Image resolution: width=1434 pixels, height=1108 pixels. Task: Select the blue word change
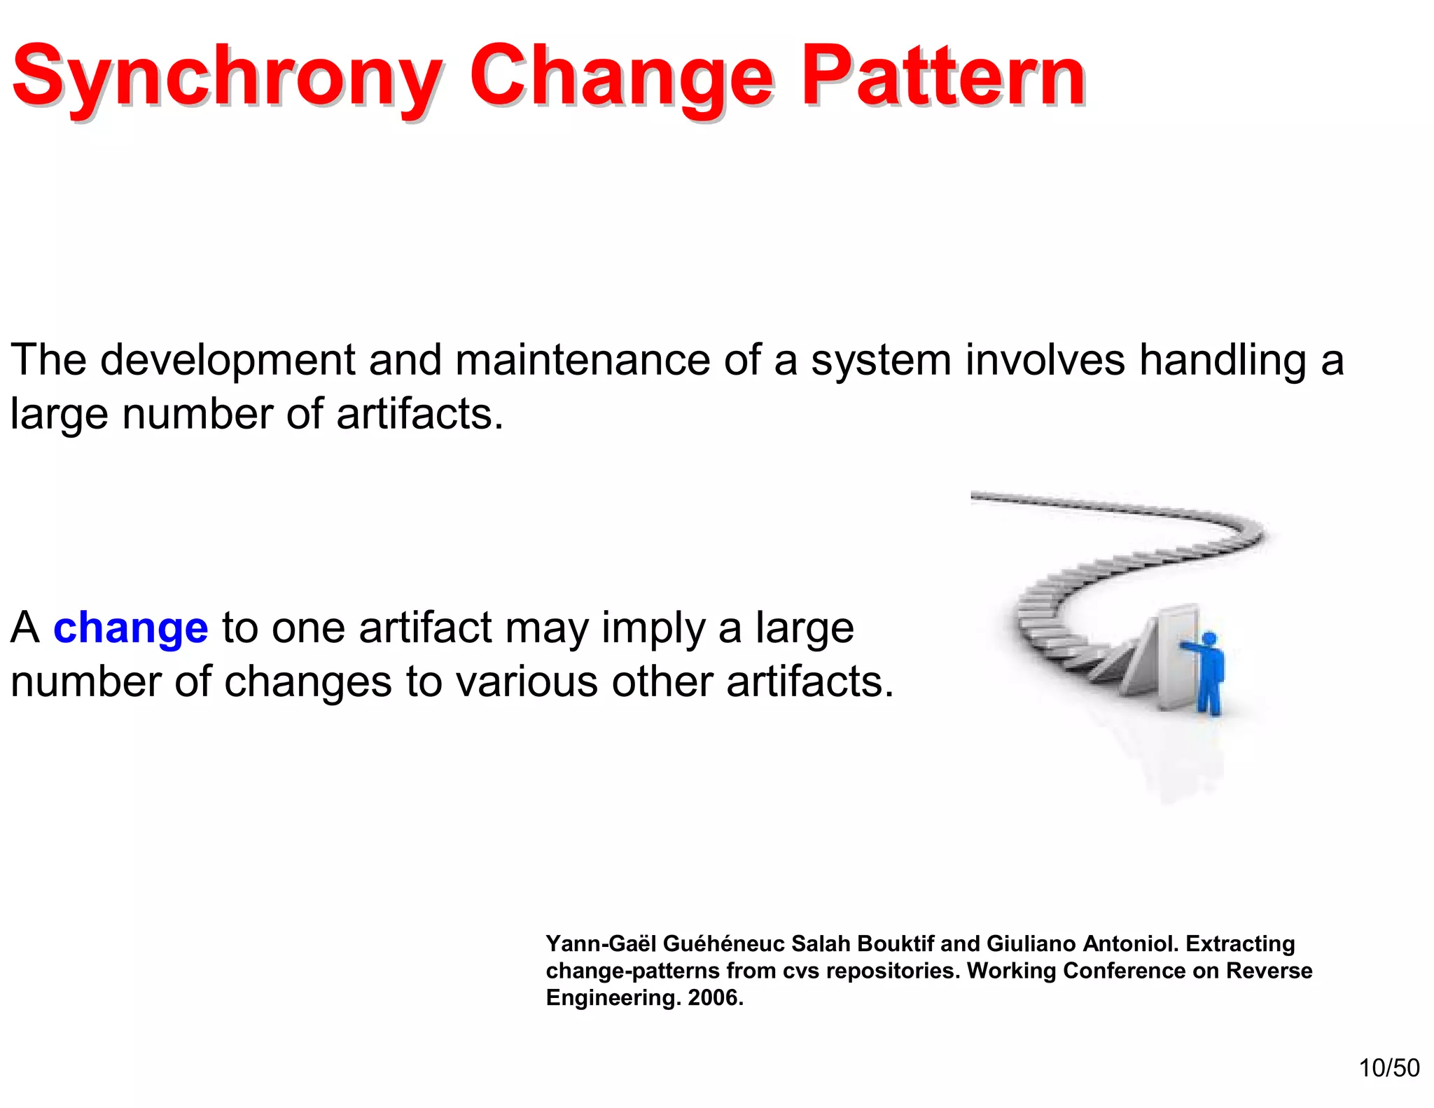130,628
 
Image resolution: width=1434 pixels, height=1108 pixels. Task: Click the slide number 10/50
1388,1067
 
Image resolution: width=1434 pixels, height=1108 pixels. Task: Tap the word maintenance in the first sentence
583,360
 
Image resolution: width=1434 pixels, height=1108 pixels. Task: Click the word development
228,360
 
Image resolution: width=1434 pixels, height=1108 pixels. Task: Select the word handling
1223,360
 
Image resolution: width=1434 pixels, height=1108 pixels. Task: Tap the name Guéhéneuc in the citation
723,943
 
